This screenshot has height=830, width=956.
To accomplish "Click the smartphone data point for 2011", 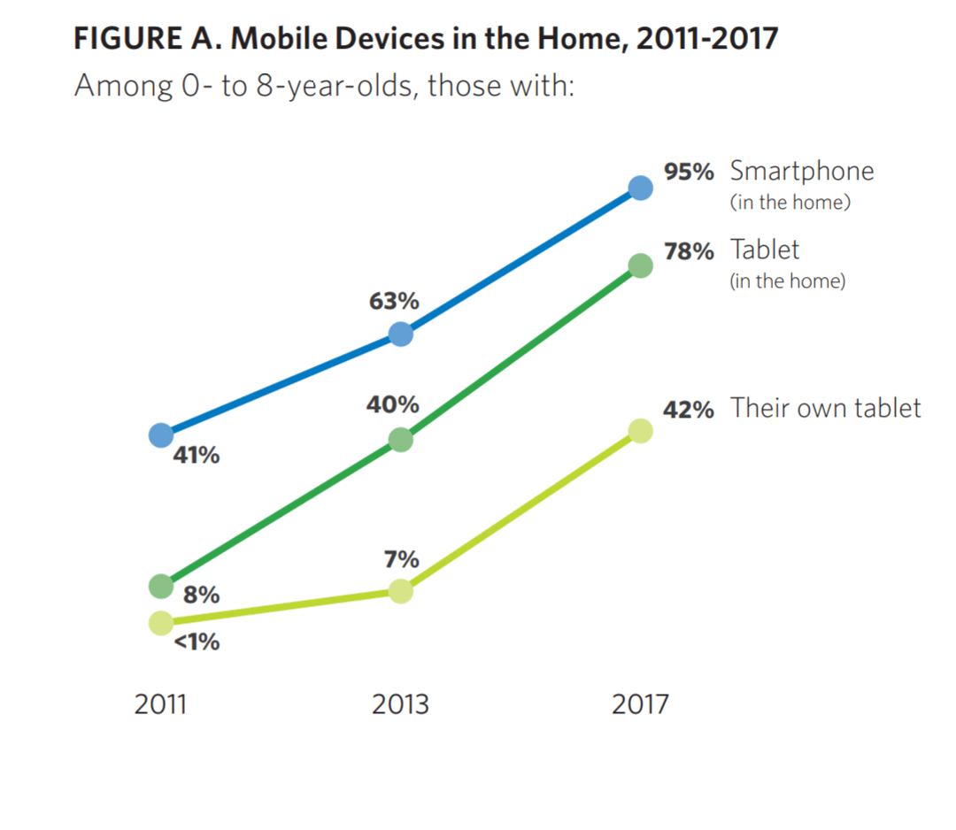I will [161, 434].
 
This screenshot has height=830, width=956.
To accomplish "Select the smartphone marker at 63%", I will [401, 334].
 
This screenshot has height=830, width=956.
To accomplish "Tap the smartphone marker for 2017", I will [641, 188].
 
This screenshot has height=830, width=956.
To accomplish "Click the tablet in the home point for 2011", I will [161, 586].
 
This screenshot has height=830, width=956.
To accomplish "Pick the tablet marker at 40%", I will [401, 440].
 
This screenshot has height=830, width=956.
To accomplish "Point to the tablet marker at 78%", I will [641, 265].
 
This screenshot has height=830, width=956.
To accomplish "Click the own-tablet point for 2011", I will [161, 623].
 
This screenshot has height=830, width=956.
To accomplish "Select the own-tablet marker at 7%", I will [401, 592].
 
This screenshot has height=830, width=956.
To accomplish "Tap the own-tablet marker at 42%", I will [641, 431].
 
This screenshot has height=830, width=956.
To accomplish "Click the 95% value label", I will [689, 172].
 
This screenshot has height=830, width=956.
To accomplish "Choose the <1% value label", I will [196, 642].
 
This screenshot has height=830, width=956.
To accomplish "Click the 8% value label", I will [201, 596].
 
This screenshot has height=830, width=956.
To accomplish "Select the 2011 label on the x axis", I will [161, 705].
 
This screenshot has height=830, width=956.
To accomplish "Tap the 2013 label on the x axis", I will [401, 705].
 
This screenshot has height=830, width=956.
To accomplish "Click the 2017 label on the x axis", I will [641, 705].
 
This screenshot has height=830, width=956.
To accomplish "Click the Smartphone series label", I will [802, 171].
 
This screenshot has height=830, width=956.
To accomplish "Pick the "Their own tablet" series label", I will [826, 408].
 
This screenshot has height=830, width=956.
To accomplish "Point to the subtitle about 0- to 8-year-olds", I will [325, 87].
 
